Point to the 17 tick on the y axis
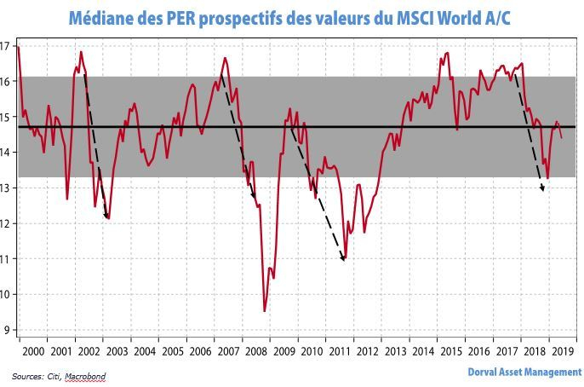[x=7, y=45]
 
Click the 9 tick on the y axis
[x=7, y=330]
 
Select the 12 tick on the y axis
[x=7, y=223]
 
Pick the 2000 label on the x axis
[x=32, y=351]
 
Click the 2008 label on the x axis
[x=254, y=351]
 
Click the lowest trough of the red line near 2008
[x=265, y=311]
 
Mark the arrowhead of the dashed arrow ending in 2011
[x=343, y=259]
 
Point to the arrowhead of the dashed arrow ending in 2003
[x=107, y=217]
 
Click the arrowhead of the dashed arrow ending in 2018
[x=542, y=189]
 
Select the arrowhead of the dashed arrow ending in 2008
[x=254, y=197]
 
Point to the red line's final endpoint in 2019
[x=562, y=137]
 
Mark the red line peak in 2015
[x=448, y=54]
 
